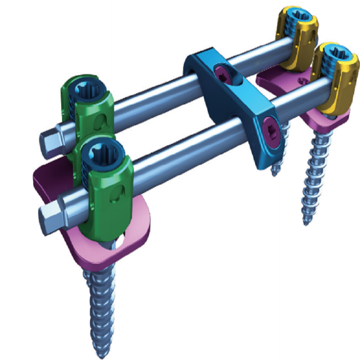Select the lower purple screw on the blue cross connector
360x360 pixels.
[270, 127]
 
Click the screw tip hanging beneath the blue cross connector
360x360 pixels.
[274, 171]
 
